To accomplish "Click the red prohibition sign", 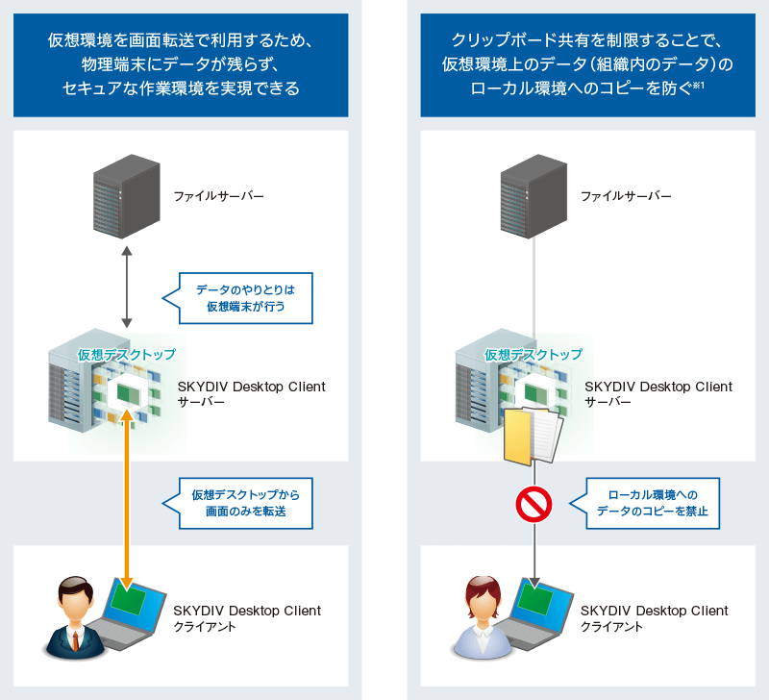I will click(533, 503).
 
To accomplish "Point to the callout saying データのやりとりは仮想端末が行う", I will click(246, 298).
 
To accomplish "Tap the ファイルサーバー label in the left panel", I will click(218, 196).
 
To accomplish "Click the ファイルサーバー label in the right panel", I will click(625, 196).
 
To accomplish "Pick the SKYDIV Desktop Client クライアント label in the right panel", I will click(655, 618).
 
